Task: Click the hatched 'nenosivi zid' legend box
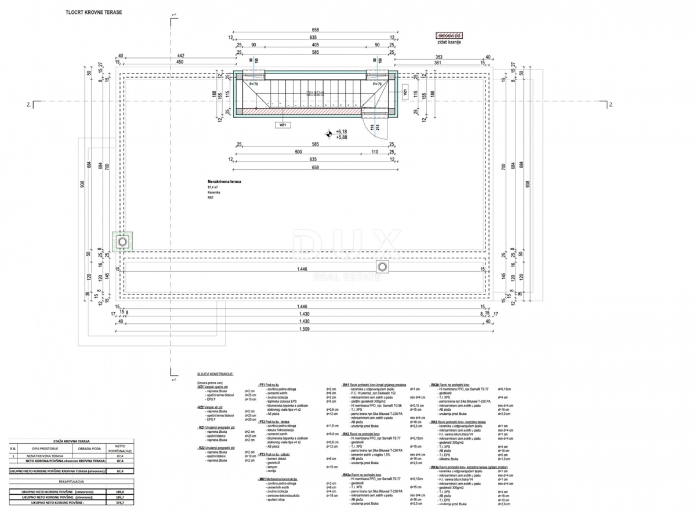pyautogui.click(x=449, y=35)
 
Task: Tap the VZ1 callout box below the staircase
pyautogui.click(x=284, y=125)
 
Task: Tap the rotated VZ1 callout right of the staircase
pyautogui.click(x=404, y=92)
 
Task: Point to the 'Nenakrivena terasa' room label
pyautogui.click(x=224, y=181)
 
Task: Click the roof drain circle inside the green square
pyautogui.click(x=122, y=241)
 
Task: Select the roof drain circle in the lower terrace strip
pyautogui.click(x=382, y=267)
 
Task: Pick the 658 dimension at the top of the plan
pyautogui.click(x=316, y=30)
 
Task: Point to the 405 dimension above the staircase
pyautogui.click(x=315, y=45)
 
